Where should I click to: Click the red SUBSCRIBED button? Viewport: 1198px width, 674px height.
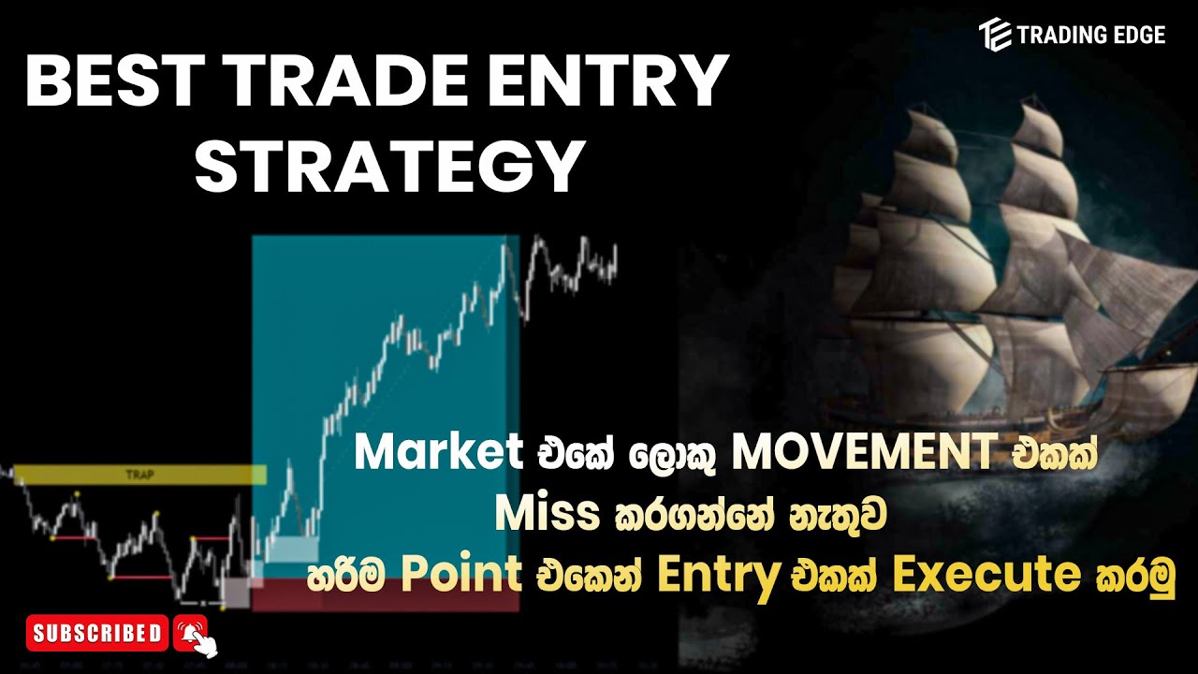point(97,634)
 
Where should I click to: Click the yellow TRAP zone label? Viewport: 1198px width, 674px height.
point(139,476)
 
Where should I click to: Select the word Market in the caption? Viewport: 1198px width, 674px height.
point(438,455)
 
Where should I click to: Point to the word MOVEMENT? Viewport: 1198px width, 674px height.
point(863,455)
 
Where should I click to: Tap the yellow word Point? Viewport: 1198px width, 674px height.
point(461,577)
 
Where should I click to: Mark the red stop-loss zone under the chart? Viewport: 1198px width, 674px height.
point(384,595)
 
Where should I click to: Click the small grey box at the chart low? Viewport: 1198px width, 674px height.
point(235,593)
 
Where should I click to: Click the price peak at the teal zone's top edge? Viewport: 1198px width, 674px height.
point(505,246)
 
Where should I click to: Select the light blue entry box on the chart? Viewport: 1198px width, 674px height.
point(291,549)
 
